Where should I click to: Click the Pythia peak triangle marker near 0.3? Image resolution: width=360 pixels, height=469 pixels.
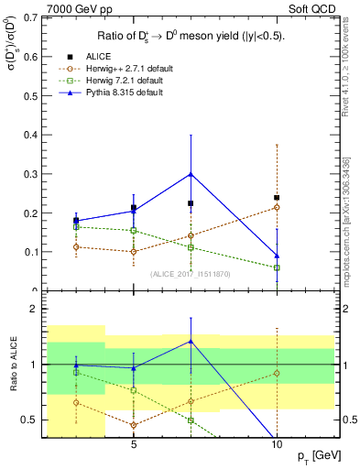[191, 173]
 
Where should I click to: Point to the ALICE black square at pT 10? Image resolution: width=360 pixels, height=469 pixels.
[277, 197]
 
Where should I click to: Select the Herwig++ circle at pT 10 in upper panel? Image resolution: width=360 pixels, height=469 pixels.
[277, 207]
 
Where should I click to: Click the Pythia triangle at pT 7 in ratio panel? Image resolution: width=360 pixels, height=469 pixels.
[191, 341]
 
